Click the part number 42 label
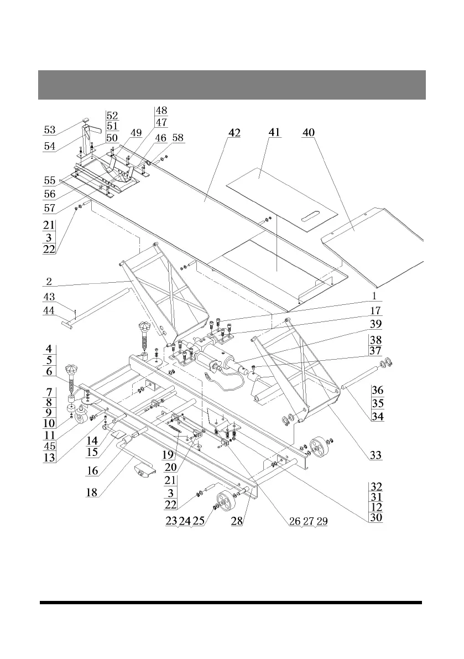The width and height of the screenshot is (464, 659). tap(234, 134)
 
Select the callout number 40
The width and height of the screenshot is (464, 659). tap(309, 133)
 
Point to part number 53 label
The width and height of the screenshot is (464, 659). tap(50, 131)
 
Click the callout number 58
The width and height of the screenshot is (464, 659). tap(178, 138)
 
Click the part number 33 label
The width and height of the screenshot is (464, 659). tap(376, 455)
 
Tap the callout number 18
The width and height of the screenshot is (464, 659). tap(94, 492)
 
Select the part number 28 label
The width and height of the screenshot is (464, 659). tap(237, 522)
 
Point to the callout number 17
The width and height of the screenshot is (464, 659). tap(376, 311)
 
